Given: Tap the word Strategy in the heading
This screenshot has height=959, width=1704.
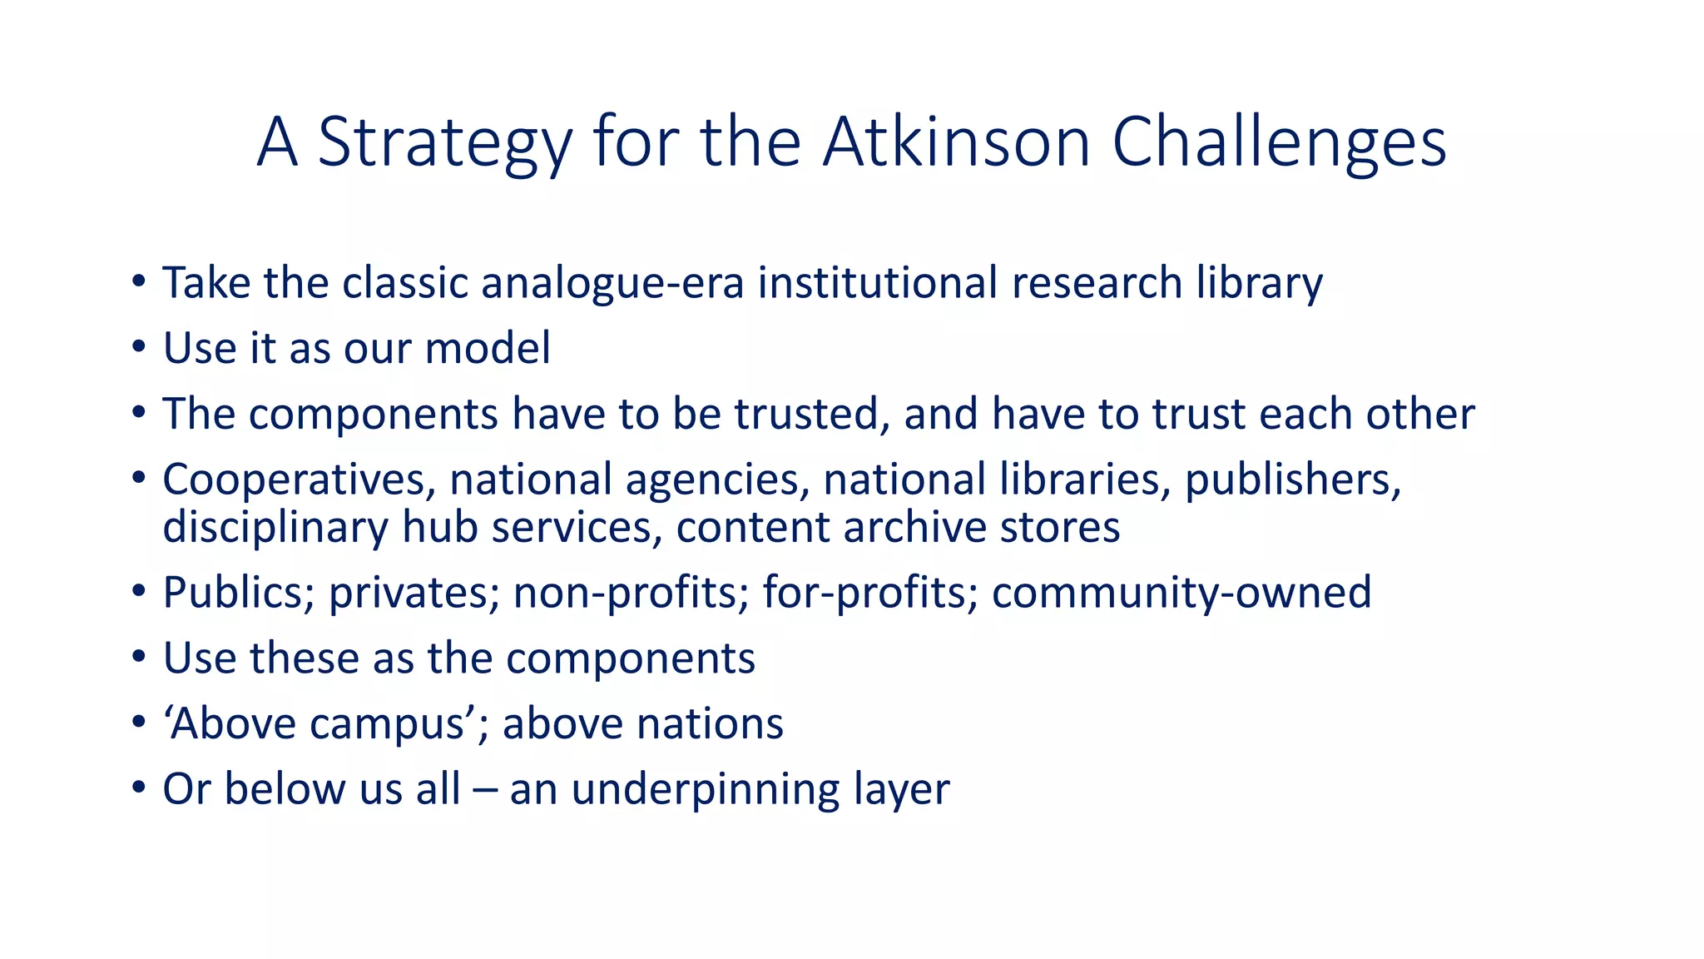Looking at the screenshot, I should coord(444,143).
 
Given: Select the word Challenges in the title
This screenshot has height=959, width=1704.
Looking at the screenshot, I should coord(1279,143).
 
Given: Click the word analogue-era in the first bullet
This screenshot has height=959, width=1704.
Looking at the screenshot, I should coord(612,283).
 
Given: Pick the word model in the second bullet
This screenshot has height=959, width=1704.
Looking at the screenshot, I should coord(488,348).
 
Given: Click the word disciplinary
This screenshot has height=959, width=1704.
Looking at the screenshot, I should coord(275,528).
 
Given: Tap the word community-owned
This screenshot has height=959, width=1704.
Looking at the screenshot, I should coord(1181,594).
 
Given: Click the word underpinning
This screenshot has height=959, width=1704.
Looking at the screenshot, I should coord(706,789).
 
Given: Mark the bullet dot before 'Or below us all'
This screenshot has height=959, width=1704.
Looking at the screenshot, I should coord(138,788).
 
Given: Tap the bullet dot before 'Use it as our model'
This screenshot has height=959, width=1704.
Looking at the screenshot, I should coord(138,347).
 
